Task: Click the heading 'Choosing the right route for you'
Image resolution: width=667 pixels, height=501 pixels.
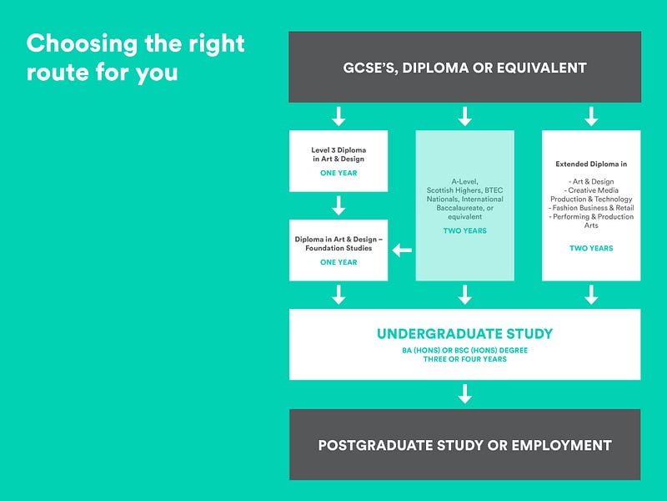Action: (135, 57)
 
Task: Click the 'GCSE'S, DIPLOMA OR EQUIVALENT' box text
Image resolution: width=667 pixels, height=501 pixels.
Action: (464, 68)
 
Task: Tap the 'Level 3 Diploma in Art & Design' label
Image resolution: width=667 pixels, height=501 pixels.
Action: (339, 154)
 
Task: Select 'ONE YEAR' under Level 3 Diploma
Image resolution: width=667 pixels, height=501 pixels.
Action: (339, 174)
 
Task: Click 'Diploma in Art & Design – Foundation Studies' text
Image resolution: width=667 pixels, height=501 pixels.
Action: (339, 243)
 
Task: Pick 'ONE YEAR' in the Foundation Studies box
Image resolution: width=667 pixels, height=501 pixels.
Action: (339, 262)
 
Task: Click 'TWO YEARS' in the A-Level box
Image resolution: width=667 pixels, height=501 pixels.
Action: (465, 231)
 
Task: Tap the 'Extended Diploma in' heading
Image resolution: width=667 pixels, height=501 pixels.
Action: (591, 164)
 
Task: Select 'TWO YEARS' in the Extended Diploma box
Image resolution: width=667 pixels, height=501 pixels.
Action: (591, 248)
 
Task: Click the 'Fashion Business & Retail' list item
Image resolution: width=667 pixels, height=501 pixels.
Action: (591, 208)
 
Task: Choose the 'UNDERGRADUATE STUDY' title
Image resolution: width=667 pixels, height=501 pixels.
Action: (464, 334)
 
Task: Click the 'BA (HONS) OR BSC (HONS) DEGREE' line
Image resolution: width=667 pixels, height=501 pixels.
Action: (464, 350)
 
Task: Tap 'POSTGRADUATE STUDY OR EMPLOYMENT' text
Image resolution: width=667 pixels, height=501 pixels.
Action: (464, 445)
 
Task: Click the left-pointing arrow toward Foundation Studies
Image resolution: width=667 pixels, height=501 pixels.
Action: (402, 250)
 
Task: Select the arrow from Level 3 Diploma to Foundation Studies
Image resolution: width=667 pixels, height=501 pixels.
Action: (339, 205)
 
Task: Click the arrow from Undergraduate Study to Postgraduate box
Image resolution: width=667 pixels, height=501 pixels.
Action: (464, 393)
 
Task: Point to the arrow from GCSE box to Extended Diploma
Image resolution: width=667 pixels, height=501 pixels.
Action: (591, 116)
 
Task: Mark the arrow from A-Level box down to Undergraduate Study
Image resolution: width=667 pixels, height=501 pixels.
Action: (465, 294)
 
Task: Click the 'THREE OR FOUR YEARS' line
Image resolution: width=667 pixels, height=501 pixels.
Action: (464, 359)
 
